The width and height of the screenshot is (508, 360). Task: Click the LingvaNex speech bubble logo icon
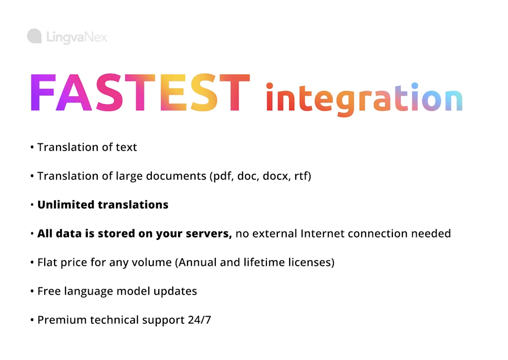34,36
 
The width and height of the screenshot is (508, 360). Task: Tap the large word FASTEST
140,94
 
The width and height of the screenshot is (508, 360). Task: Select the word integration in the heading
364,98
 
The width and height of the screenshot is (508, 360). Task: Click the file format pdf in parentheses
221,176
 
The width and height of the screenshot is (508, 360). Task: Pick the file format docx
276,176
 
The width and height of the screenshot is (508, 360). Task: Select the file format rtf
301,176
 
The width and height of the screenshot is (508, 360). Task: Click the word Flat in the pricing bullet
47,262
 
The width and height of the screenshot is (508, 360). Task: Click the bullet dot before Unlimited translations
32,205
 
